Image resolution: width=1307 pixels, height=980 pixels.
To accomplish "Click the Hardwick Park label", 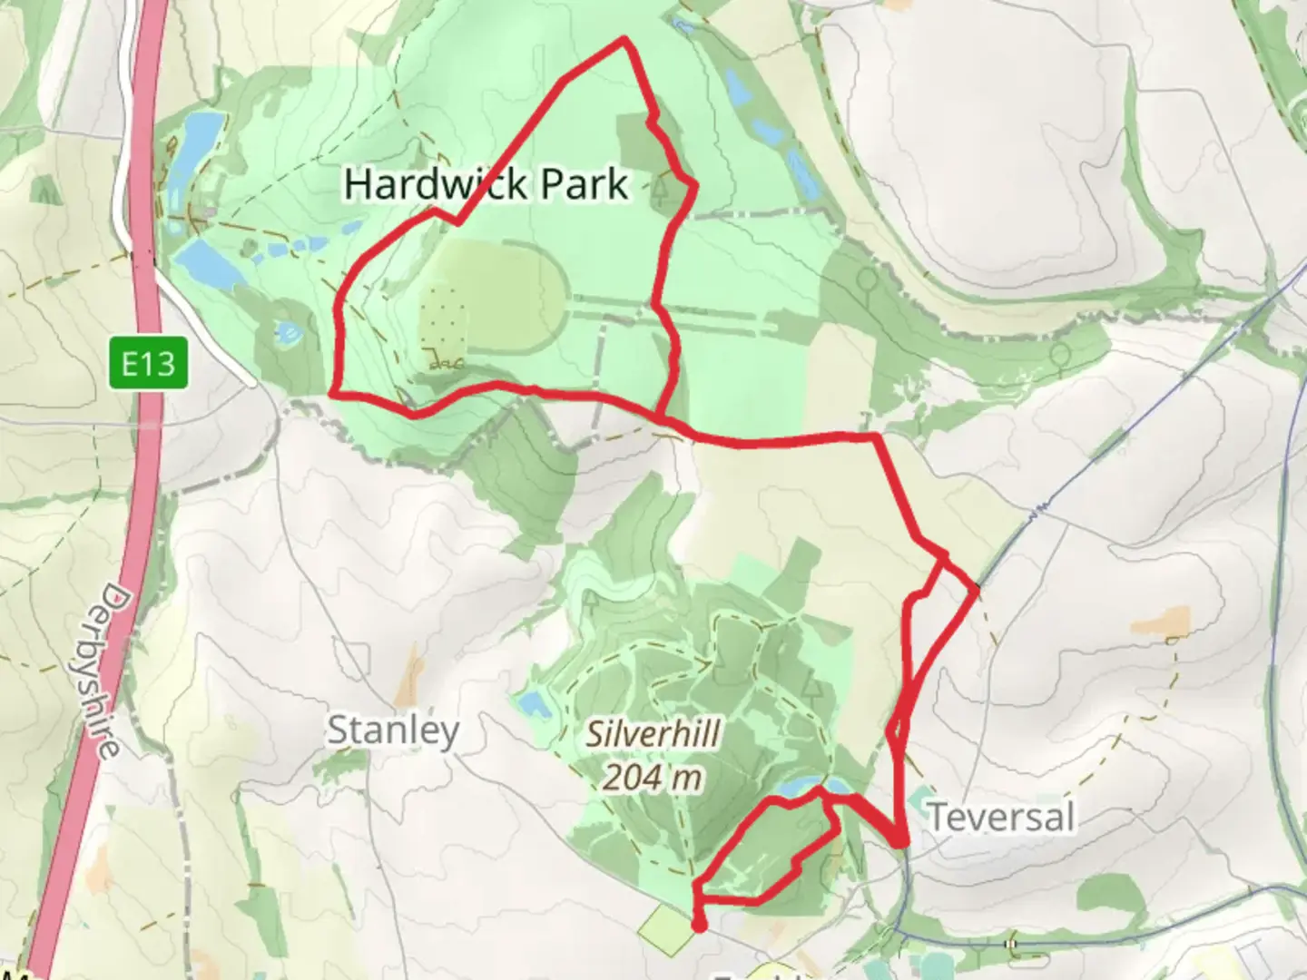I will [x=486, y=184].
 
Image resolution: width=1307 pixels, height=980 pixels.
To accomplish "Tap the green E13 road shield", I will [x=149, y=364].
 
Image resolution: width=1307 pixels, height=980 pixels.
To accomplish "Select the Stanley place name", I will [x=393, y=730].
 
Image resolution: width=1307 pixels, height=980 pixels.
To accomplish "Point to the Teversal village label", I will [x=1000, y=817].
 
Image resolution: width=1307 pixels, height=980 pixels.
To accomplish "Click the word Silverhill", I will [x=653, y=733].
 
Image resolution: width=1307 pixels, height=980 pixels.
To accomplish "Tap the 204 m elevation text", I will [x=653, y=777].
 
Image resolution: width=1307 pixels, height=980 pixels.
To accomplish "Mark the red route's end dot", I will [x=699, y=925].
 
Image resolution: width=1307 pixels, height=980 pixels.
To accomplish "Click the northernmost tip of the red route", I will [x=624, y=40].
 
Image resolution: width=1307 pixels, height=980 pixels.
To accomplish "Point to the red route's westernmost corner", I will [x=334, y=394].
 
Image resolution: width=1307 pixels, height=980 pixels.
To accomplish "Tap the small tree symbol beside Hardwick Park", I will [x=659, y=188].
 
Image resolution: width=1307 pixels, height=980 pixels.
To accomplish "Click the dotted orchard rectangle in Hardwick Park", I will [x=443, y=318].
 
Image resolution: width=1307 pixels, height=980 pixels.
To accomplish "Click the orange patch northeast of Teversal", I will [x=1159, y=624].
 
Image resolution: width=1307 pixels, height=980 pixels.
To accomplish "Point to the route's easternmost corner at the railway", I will [x=976, y=591].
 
